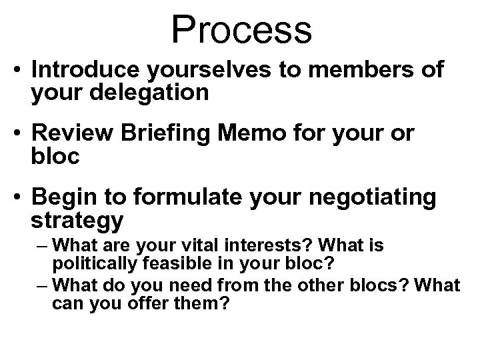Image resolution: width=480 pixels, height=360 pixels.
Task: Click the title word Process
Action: (x=241, y=30)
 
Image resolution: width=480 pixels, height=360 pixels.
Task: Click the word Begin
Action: (x=64, y=198)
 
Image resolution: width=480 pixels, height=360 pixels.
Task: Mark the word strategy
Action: (x=77, y=219)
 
